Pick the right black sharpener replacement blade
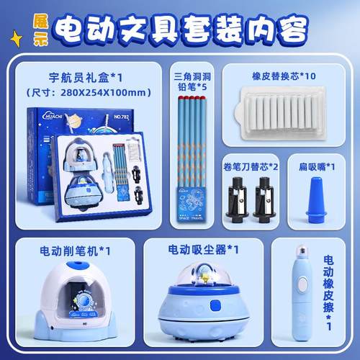(x=263, y=201)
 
